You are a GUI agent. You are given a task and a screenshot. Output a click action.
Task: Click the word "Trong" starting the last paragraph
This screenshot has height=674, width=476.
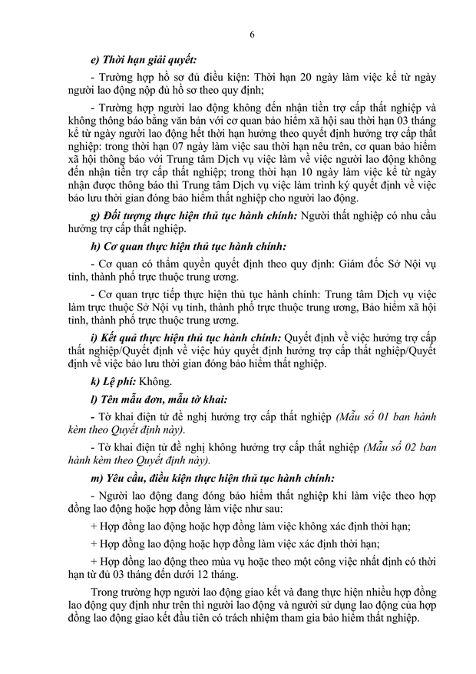(106, 593)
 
